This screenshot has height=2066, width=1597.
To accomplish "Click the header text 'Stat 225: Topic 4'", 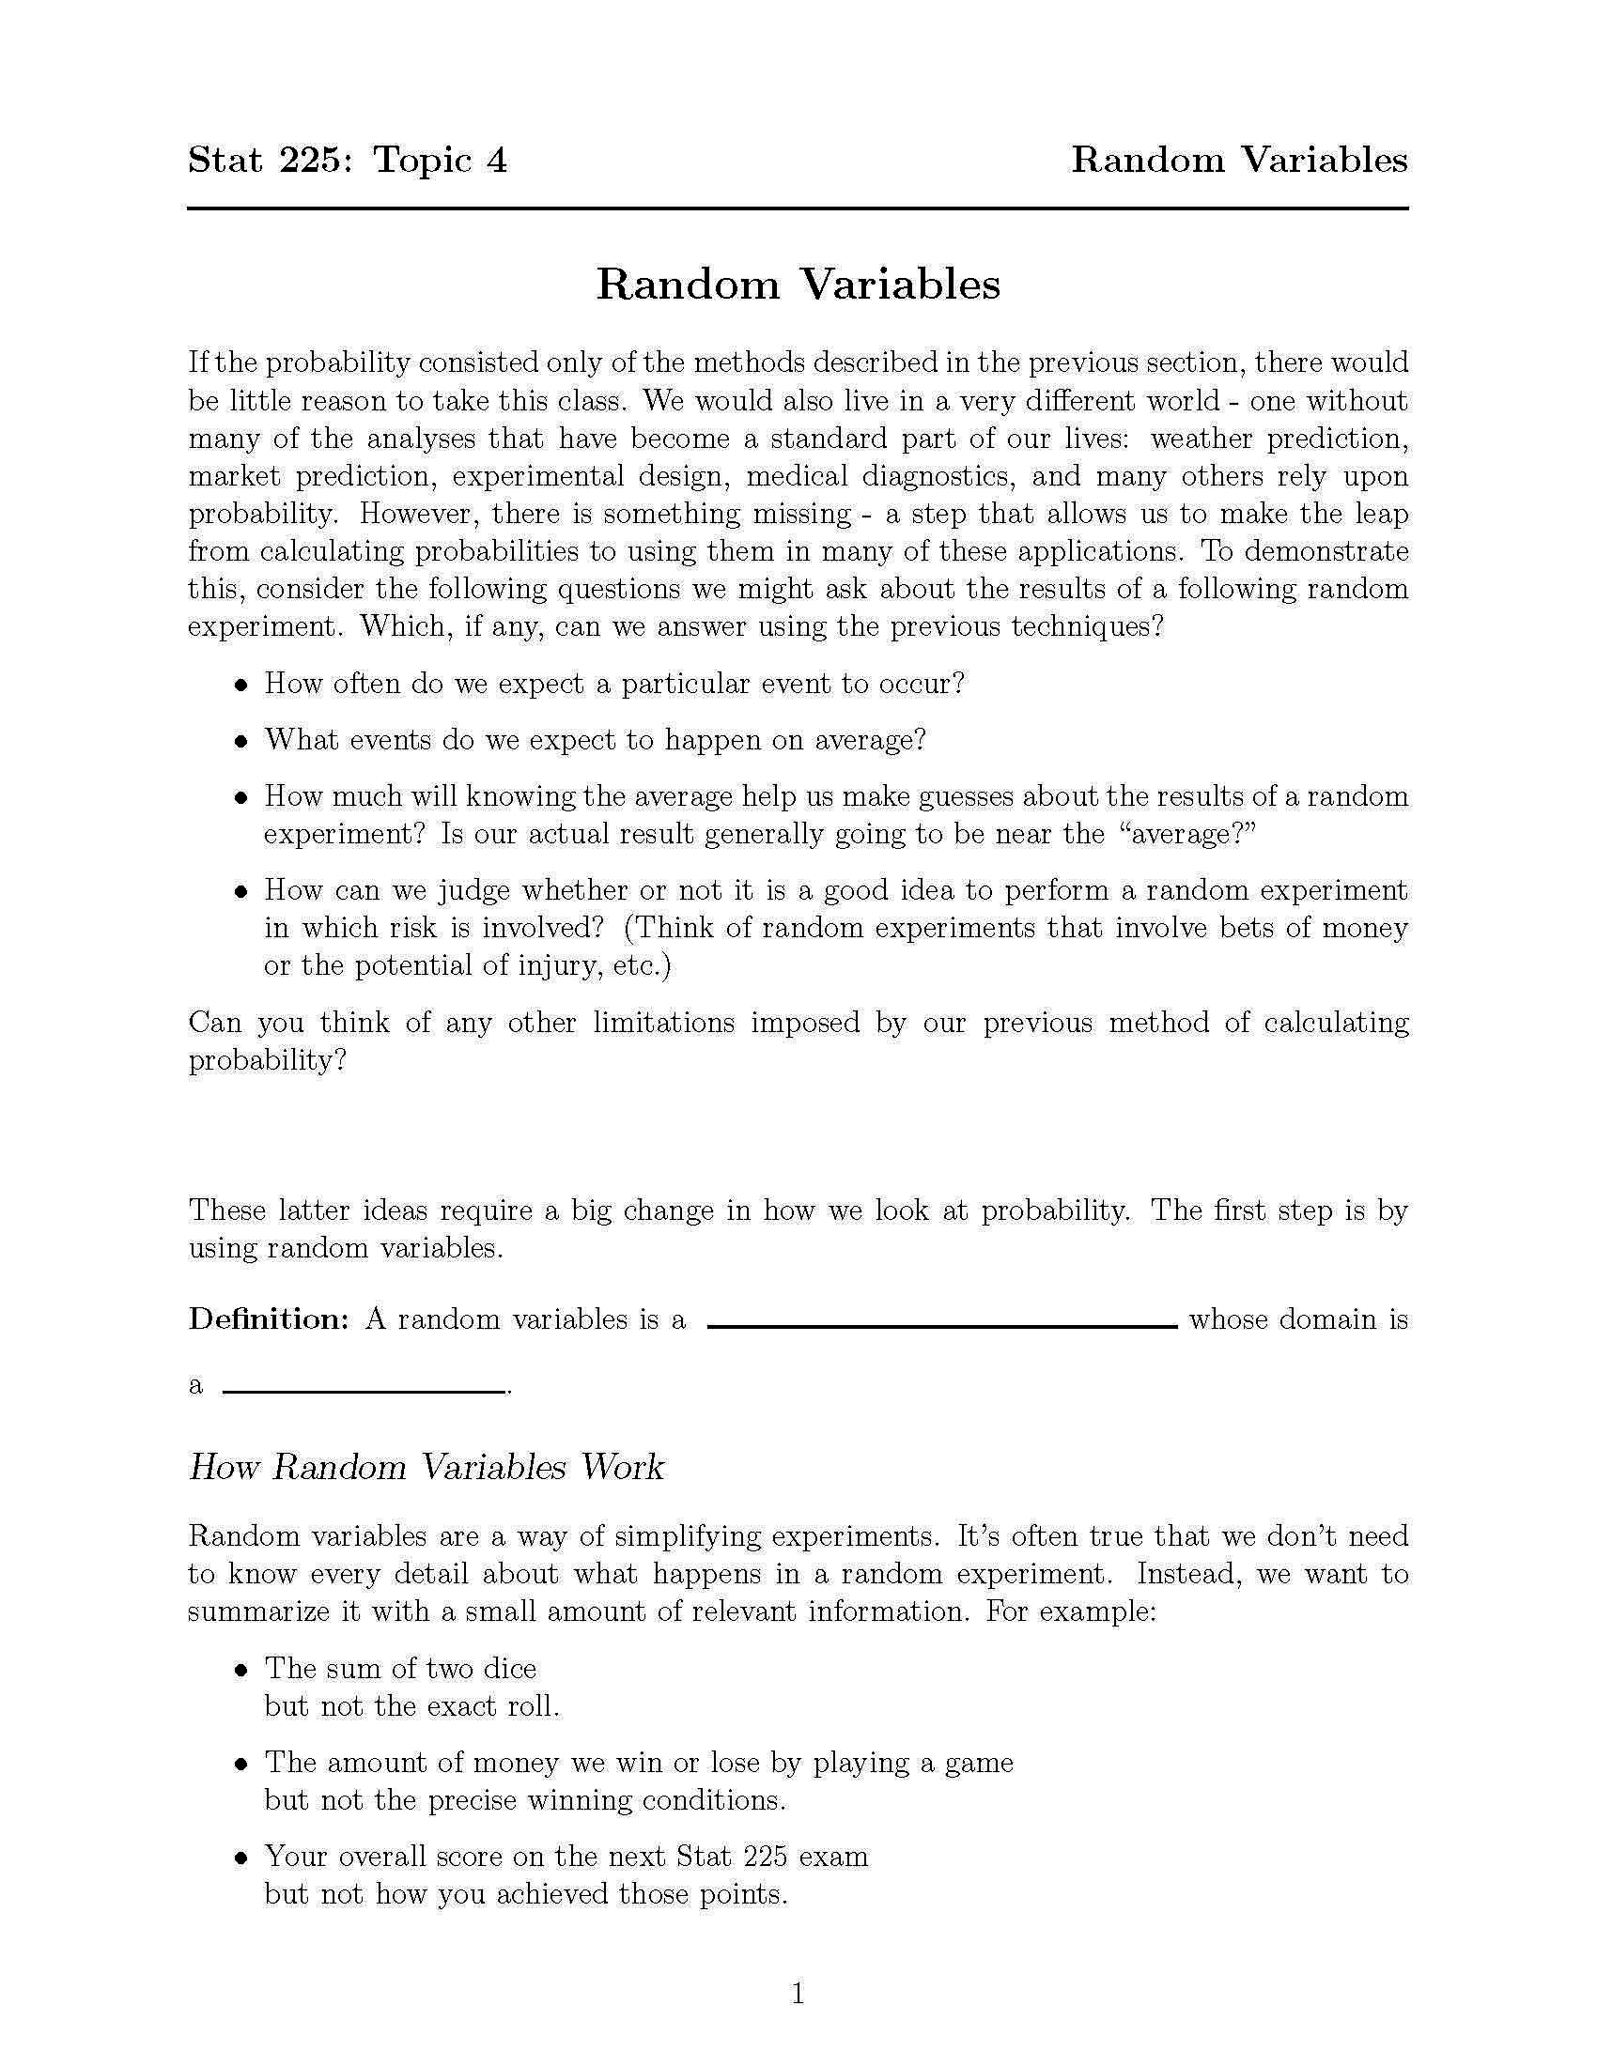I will pos(348,160).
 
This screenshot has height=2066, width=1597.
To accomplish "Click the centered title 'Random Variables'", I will pos(798,284).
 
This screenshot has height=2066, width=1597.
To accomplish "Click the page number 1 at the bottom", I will pos(798,1995).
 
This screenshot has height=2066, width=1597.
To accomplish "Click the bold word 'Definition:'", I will pos(270,1318).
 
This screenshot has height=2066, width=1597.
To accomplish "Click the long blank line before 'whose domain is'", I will pos(941,1327).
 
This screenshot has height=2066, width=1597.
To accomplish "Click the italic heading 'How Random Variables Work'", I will pos(426,1467).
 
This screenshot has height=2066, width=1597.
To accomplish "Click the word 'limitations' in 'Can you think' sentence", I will pos(664,1023).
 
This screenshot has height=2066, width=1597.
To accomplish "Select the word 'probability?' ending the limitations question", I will pos(268,1061).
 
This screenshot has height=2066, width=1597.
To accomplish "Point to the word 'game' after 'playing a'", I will pos(978,1763).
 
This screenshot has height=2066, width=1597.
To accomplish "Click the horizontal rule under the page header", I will pos(798,208).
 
